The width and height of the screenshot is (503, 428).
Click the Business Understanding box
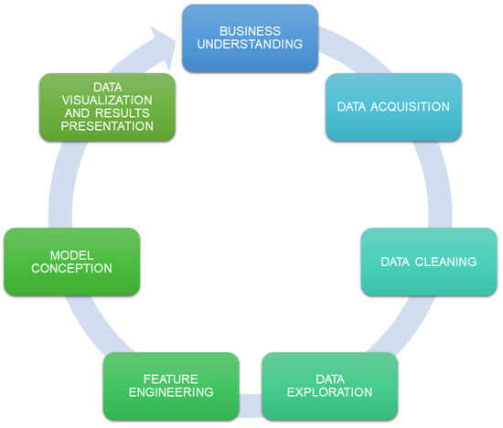[250, 37]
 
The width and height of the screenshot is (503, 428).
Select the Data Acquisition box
[393, 107]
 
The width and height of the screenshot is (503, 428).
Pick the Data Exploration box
[330, 385]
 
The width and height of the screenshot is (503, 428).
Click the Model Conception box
[72, 262]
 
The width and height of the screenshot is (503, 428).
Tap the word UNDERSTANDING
[250, 45]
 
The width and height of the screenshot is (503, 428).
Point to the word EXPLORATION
[331, 392]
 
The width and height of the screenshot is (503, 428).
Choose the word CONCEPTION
[72, 269]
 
